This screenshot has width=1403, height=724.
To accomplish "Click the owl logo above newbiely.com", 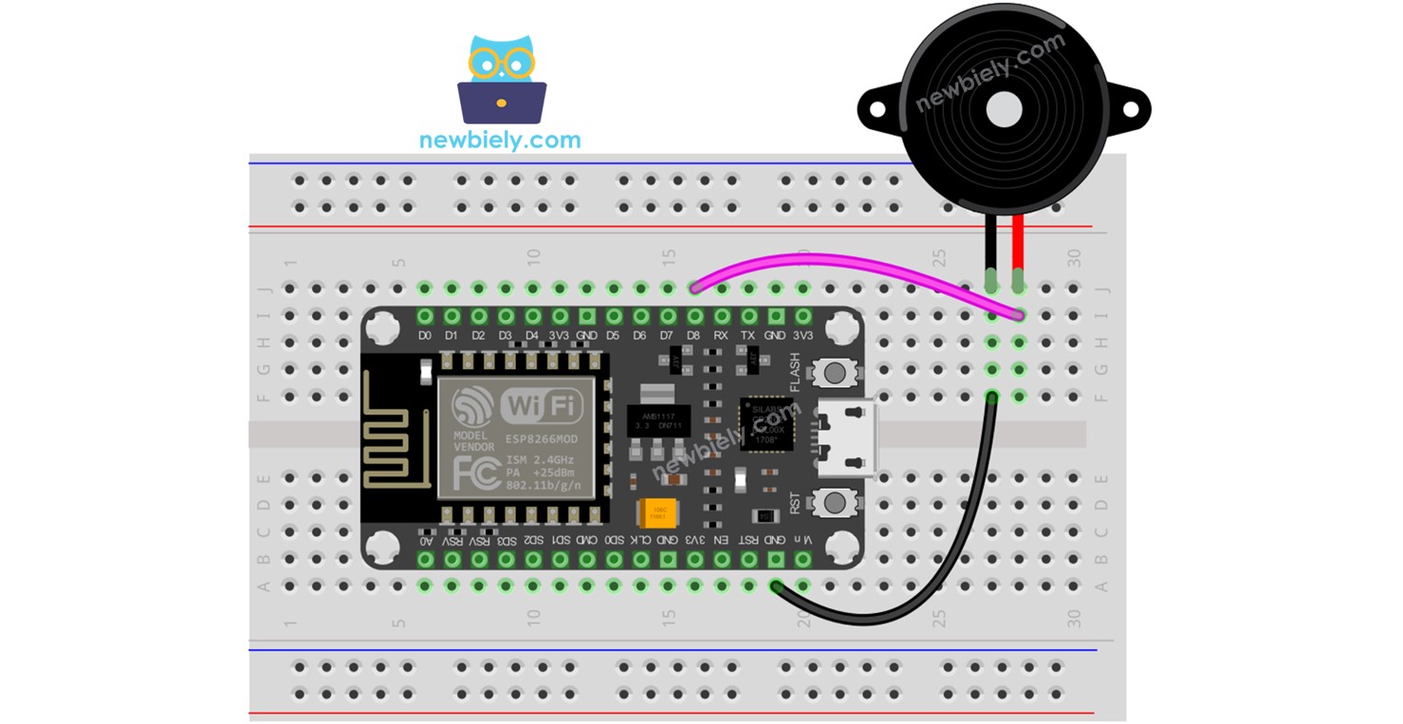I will tap(501, 81).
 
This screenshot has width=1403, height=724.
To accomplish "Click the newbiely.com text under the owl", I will tap(500, 141).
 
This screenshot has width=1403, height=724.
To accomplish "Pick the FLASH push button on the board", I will tap(836, 373).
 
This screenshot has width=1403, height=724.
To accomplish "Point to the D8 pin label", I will tap(694, 335).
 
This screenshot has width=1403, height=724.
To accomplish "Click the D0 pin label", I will tap(425, 335).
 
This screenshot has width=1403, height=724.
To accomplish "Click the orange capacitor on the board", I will tap(656, 513).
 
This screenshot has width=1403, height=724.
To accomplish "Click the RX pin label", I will tap(721, 335).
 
